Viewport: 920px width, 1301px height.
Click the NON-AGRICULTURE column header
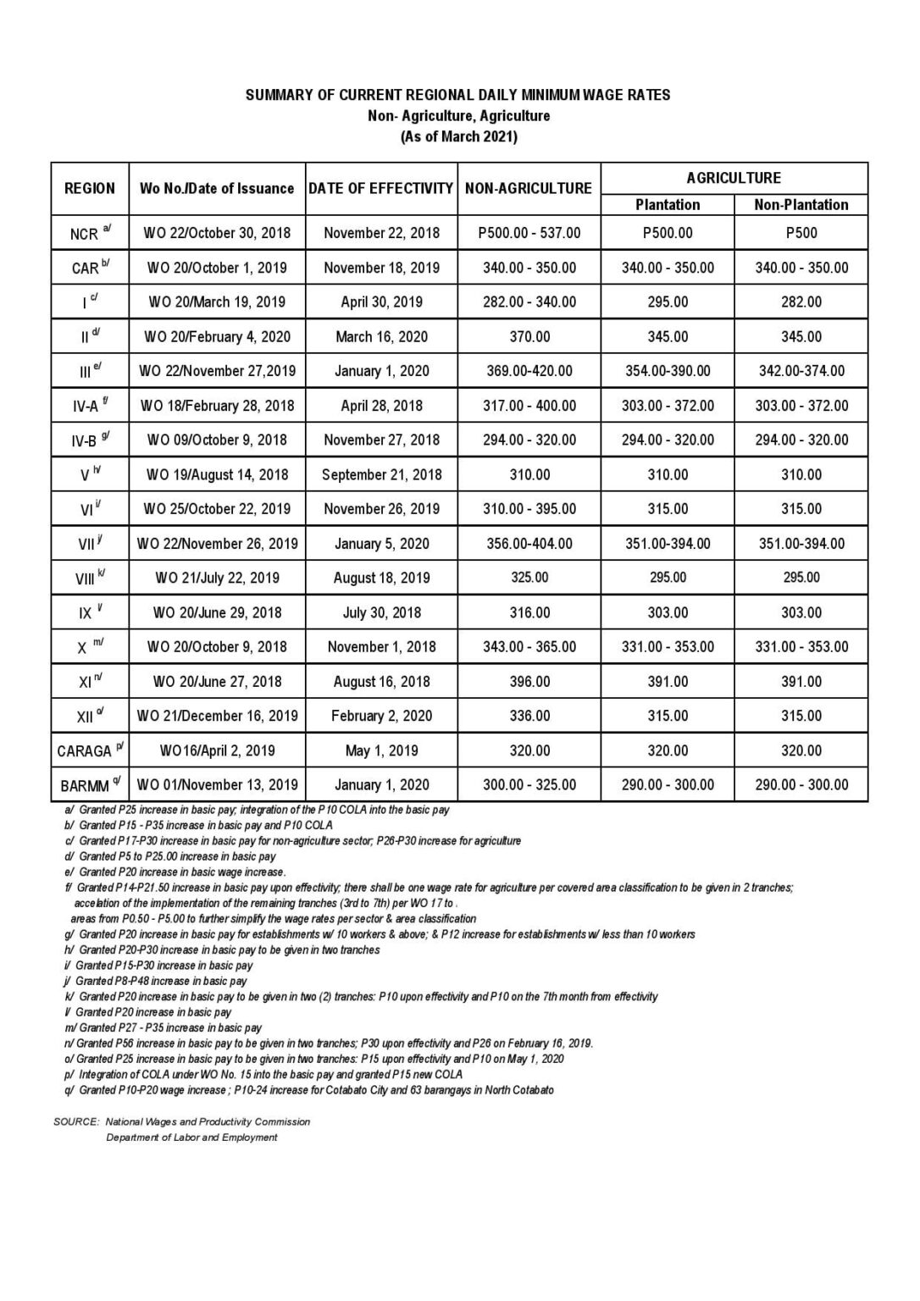(x=529, y=188)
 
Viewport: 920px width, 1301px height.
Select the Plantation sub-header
(x=668, y=204)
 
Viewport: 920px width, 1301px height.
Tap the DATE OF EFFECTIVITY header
(x=381, y=188)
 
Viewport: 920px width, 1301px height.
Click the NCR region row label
(x=85, y=233)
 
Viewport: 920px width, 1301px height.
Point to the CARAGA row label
(x=85, y=750)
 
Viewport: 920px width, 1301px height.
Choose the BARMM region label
(x=85, y=785)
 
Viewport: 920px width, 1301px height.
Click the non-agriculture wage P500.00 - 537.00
(x=529, y=232)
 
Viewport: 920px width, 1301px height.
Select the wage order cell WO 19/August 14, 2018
(x=217, y=474)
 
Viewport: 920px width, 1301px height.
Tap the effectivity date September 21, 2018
(x=381, y=474)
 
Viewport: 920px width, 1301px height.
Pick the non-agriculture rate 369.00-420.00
(x=529, y=371)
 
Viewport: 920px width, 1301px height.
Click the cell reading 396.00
(x=529, y=681)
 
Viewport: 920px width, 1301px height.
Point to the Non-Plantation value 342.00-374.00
(x=801, y=371)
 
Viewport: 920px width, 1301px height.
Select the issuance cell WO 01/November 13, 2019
(x=217, y=784)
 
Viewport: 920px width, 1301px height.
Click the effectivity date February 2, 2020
(x=381, y=716)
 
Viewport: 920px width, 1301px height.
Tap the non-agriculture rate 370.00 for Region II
(x=529, y=336)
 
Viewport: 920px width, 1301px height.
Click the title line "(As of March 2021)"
(x=458, y=136)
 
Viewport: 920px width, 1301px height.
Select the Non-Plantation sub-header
(x=801, y=204)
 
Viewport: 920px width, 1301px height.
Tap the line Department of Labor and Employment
(x=191, y=1138)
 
